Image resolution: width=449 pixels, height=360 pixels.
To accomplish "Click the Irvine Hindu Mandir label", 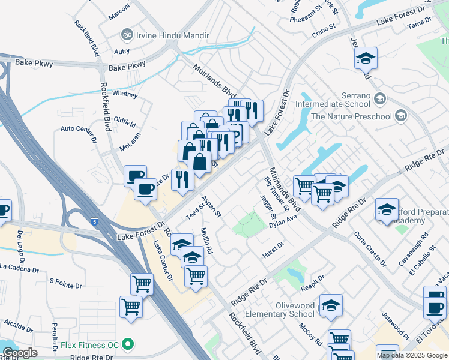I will pyautogui.click(x=161, y=34).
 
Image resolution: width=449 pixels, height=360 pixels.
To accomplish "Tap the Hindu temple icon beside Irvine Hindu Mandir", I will pyautogui.click(x=127, y=34).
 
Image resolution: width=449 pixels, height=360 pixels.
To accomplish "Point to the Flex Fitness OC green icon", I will pyautogui.click(x=127, y=345).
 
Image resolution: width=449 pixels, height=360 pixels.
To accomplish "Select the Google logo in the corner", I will pyautogui.click(x=20, y=352).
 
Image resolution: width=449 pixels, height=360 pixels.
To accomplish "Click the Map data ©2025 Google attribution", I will pyautogui.click(x=412, y=355).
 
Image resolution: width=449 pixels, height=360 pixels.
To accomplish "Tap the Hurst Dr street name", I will pyautogui.click(x=272, y=251).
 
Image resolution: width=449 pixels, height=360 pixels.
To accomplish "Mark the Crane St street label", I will pyautogui.click(x=323, y=29).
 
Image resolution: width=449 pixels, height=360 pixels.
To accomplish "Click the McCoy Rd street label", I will pyautogui.click(x=310, y=334).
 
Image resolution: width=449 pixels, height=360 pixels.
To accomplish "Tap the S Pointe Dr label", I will pyautogui.click(x=65, y=280).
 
